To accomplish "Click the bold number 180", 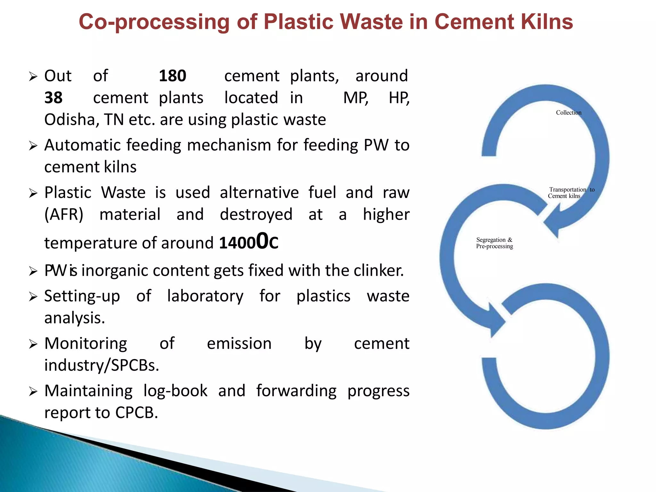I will click(172, 76).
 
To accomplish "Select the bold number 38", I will click(53, 98).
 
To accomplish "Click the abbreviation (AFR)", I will click(64, 214).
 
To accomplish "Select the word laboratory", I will click(205, 296).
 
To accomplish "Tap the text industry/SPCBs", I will click(102, 365).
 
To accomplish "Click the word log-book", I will click(175, 391).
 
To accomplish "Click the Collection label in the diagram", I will click(569, 113).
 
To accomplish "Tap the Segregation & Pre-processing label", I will click(495, 243).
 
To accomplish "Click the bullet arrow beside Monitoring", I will click(33, 344).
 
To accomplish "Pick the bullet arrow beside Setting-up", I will click(33, 297).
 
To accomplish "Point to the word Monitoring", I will click(86, 344).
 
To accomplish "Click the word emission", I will click(239, 344).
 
